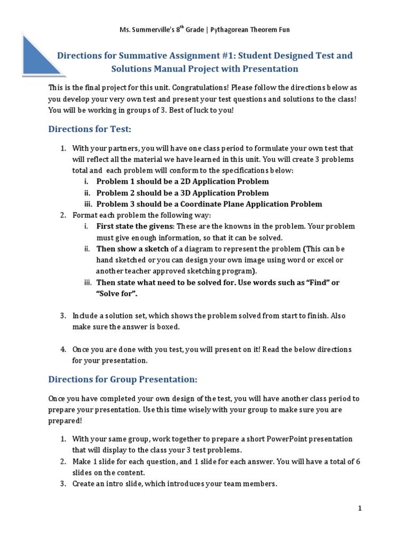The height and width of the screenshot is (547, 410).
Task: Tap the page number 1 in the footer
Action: pos(359,509)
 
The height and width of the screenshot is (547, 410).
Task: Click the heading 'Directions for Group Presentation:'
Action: pos(123,379)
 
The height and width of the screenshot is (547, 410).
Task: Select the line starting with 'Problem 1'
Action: pos(182,182)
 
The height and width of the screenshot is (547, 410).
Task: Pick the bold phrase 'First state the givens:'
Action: pos(135,226)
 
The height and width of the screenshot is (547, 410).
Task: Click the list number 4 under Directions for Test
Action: pos(62,349)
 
